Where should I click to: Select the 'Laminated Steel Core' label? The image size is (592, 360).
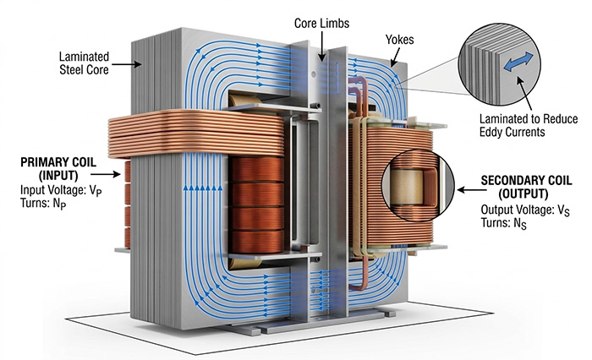pyautogui.click(x=90, y=63)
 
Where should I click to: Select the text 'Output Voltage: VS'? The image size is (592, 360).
pyautogui.click(x=529, y=210)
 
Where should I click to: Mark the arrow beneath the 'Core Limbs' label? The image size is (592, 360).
pyautogui.click(x=321, y=46)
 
